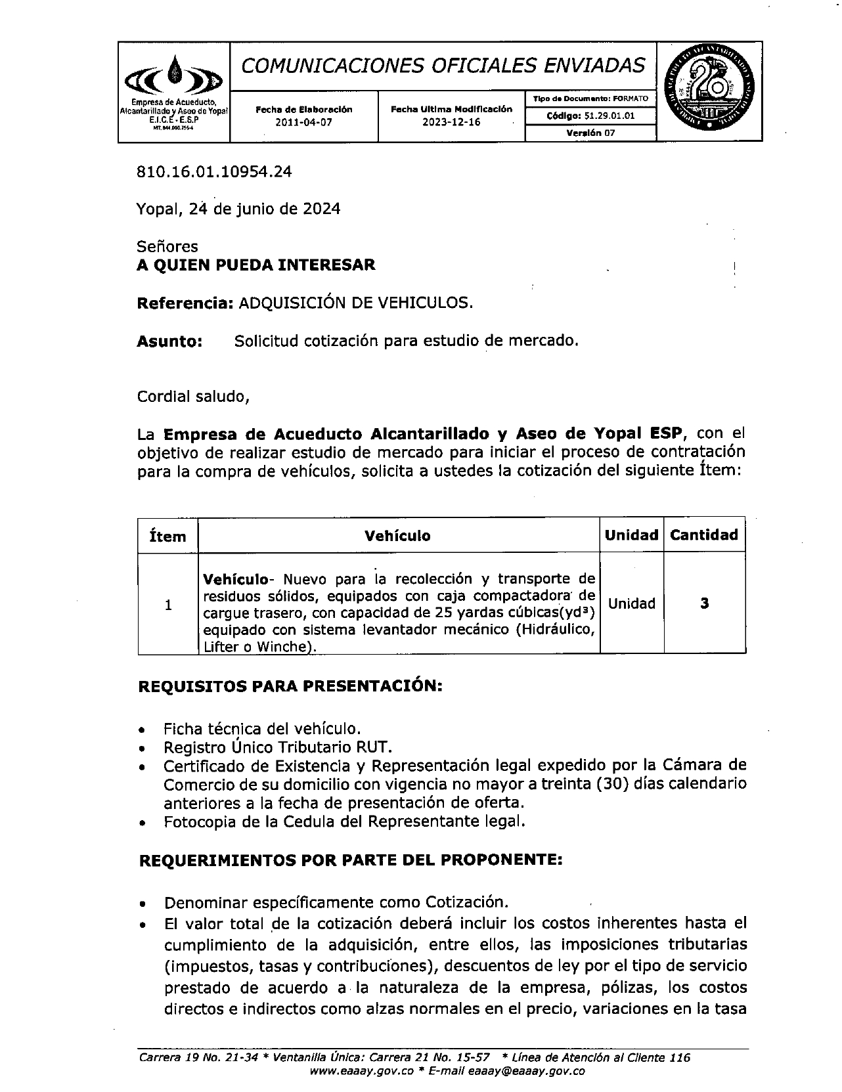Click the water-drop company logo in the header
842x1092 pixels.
coord(173,76)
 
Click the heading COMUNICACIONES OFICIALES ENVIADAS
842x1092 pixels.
coord(443,65)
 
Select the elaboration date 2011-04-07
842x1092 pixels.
coord(303,122)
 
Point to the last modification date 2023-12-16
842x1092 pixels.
coord(451,122)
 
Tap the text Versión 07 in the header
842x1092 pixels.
coord(590,133)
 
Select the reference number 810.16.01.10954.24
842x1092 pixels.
coord(214,172)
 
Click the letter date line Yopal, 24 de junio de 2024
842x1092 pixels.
coord(238,209)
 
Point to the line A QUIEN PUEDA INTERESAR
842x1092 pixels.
coord(256,265)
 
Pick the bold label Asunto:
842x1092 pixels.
coord(169,341)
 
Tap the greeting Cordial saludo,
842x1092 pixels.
coord(193,397)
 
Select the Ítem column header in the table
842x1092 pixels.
coord(167,536)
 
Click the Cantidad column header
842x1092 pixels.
coord(704,535)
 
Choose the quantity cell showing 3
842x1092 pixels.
coord(704,603)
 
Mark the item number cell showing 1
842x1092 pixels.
coord(168,605)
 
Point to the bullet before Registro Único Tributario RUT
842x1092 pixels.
coord(143,749)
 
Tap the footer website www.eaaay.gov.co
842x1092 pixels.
coord(361,1071)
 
